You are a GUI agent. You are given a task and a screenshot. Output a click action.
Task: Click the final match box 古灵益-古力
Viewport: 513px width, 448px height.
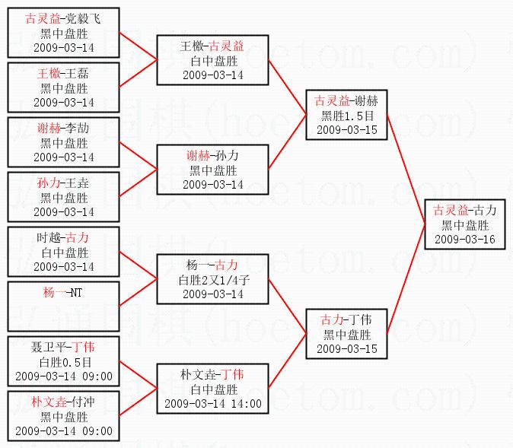(464, 224)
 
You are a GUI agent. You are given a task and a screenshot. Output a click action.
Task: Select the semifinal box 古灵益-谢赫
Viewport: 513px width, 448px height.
(346, 115)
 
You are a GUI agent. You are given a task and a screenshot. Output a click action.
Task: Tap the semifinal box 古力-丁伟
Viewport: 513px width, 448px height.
(346, 333)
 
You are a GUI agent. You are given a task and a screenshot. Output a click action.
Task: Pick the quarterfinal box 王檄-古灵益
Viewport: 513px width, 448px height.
(213, 60)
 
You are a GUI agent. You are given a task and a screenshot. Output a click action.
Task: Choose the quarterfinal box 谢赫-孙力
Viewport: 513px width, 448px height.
(213, 170)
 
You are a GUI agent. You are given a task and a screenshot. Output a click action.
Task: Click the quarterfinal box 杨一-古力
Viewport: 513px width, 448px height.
(213, 279)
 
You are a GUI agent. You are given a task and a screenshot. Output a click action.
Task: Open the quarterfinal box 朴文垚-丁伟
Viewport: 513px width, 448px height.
(213, 389)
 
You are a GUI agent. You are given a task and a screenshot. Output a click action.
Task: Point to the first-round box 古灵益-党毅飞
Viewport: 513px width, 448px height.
(64, 33)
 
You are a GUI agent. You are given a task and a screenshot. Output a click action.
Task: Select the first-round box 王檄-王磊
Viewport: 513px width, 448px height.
(64, 87)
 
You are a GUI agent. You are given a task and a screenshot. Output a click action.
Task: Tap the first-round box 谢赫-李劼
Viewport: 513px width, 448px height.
(64, 142)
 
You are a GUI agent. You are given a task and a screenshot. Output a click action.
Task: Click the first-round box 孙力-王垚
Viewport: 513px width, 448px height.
(64, 197)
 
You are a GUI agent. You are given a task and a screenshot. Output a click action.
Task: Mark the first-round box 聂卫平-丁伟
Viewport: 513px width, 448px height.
(64, 361)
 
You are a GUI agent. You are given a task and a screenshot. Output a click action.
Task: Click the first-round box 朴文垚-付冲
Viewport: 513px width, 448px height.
(64, 416)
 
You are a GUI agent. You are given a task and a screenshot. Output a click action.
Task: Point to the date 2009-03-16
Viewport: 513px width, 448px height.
(464, 239)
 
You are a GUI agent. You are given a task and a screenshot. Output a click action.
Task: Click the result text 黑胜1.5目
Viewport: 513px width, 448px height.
(346, 116)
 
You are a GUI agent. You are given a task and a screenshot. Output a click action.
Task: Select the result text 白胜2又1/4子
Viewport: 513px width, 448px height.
(213, 279)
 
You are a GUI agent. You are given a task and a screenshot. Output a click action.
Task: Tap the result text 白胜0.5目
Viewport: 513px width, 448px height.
(64, 361)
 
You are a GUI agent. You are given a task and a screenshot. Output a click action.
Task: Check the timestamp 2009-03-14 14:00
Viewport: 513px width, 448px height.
(213, 404)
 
